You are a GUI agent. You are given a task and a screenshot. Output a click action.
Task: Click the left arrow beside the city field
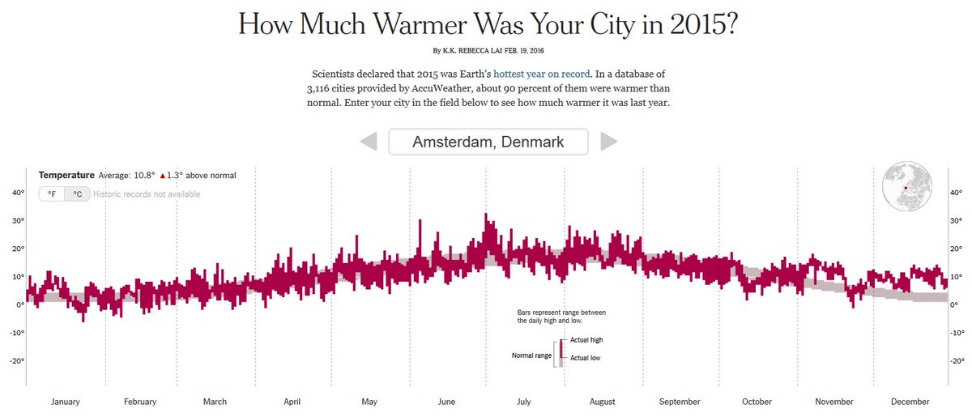click(369, 142)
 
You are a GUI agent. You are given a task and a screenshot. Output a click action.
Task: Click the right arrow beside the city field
click(608, 142)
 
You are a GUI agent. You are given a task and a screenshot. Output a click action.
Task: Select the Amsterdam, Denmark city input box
click(488, 142)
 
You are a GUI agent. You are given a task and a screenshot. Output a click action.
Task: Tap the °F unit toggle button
click(52, 194)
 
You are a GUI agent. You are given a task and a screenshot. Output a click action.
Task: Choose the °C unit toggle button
click(77, 194)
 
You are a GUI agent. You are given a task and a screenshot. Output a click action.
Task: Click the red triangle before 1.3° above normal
click(163, 176)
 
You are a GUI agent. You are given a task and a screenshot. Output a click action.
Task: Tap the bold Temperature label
click(66, 175)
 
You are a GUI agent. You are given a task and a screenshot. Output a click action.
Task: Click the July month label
click(524, 402)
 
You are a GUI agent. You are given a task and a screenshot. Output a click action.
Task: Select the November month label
click(834, 402)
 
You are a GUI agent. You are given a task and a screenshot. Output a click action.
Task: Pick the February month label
click(140, 402)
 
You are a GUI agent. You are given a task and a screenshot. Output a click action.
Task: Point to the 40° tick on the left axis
click(17, 193)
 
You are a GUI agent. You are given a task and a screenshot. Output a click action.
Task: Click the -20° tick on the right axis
click(956, 361)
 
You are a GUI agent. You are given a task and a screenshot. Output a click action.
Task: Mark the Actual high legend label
click(586, 340)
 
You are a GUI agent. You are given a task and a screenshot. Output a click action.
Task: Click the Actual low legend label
click(585, 358)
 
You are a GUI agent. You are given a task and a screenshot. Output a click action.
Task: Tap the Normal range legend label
click(531, 355)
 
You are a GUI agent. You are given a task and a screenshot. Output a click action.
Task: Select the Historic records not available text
click(147, 194)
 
